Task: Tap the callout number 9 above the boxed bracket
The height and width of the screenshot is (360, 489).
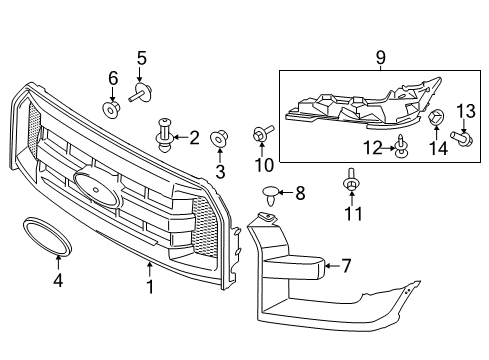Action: point(381,60)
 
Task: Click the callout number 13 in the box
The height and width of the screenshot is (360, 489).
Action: point(464,110)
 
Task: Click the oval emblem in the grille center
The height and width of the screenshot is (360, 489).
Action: point(93,187)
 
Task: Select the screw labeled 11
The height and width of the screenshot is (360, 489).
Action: point(351,184)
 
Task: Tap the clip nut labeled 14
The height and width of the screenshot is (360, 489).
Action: point(436,120)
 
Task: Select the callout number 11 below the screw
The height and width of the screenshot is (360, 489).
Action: point(351,213)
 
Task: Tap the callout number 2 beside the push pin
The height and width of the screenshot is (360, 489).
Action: point(194,136)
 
